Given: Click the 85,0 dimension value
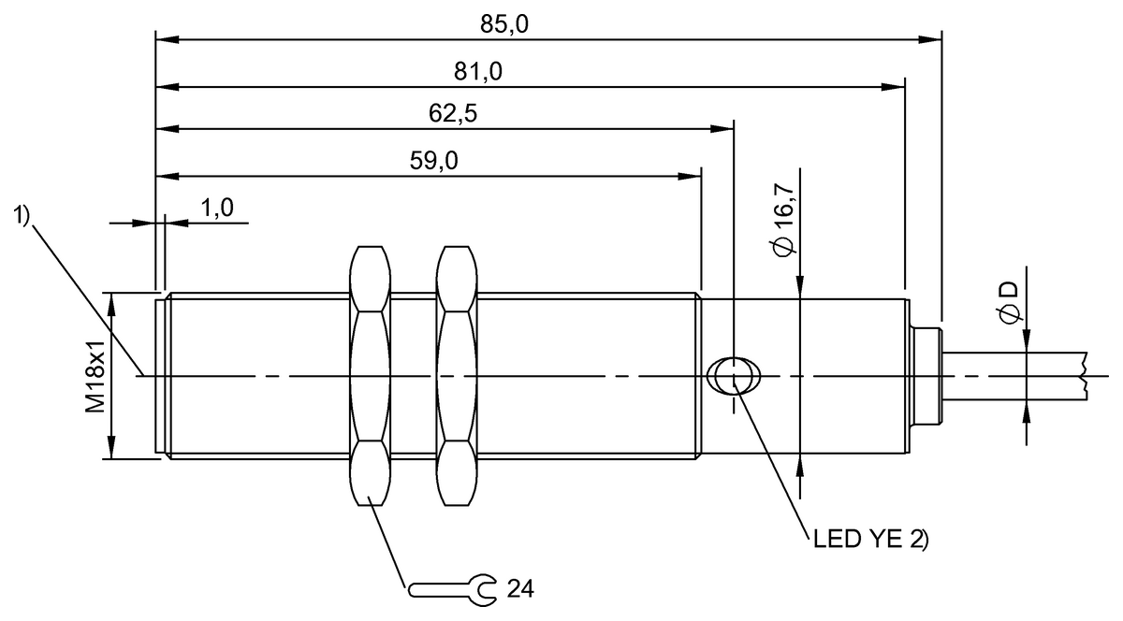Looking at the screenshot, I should (x=506, y=25).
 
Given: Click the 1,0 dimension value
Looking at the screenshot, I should (x=217, y=208).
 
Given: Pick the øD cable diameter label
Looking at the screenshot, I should (x=1009, y=302).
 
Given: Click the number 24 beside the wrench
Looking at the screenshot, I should (x=519, y=588).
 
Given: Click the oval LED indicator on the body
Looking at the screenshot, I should (x=735, y=377).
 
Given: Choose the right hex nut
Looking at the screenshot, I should (x=457, y=376).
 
